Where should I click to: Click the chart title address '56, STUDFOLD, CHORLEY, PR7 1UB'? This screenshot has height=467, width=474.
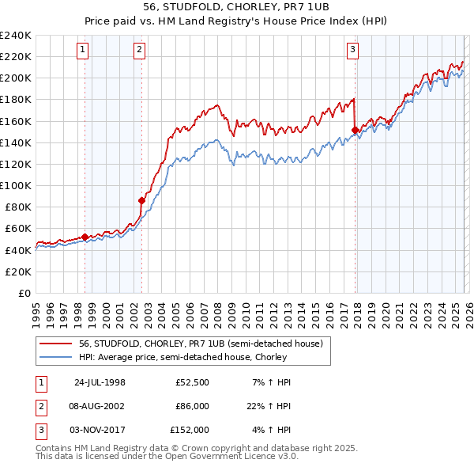(237, 8)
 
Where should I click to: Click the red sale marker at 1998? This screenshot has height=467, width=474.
(85, 236)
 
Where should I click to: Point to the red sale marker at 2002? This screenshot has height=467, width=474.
(141, 200)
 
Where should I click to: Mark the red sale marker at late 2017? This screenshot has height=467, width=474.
(355, 130)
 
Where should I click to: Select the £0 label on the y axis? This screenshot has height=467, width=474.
(24, 293)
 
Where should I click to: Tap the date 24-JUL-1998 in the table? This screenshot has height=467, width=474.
(100, 382)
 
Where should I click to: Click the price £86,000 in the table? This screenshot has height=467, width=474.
(190, 406)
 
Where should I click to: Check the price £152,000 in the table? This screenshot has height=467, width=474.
(190, 430)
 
